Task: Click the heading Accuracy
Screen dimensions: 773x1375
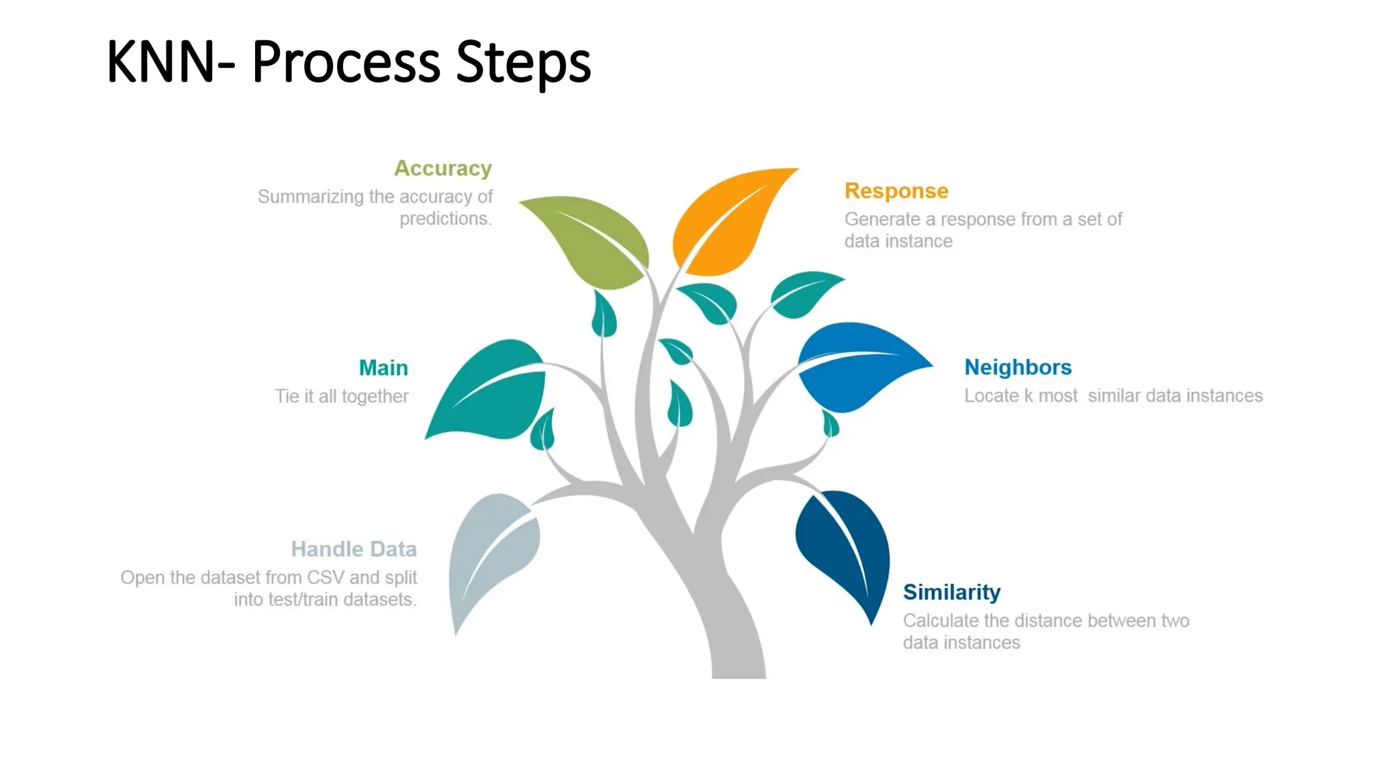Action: coord(442,168)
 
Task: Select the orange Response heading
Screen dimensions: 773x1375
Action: coord(896,191)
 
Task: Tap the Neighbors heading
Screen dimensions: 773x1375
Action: coord(1017,367)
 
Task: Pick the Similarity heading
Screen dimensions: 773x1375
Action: coord(951,592)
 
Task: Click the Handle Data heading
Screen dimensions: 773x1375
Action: coord(354,549)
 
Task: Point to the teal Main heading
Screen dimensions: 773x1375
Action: coord(383,368)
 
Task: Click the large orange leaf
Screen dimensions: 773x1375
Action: coord(728,225)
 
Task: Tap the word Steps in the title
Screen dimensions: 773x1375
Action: coord(523,62)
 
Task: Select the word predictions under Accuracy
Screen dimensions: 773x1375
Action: coord(445,219)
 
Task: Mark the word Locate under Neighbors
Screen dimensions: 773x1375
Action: coord(990,396)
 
